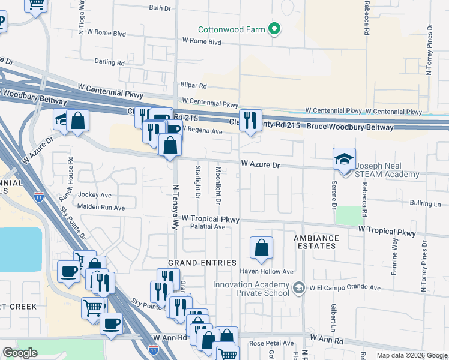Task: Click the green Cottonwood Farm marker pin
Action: click(274, 29)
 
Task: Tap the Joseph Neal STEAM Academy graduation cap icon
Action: click(345, 160)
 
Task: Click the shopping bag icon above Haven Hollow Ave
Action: click(261, 248)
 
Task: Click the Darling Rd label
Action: click(109, 62)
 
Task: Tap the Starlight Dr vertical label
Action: click(197, 182)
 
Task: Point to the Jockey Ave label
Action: click(95, 195)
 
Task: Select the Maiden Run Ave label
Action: click(101, 208)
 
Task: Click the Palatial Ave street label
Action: click(207, 227)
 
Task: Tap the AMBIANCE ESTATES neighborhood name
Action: click(316, 242)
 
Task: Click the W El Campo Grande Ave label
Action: click(345, 288)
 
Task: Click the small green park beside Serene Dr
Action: click(348, 215)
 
